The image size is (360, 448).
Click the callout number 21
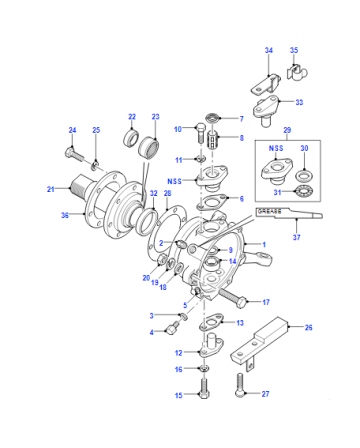(x=50, y=189)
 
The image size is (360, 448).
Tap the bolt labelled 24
(x=73, y=155)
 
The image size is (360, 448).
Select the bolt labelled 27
(x=240, y=385)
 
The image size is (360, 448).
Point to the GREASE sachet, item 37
(x=289, y=213)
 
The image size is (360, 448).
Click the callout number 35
(x=294, y=50)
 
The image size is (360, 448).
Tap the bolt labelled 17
(x=233, y=297)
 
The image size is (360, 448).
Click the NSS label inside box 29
(x=276, y=148)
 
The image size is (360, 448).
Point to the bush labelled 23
(x=149, y=146)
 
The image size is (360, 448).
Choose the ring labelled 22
(x=130, y=138)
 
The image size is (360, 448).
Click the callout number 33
(x=299, y=102)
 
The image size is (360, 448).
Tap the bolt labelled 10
(x=201, y=133)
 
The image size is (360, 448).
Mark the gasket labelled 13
(x=212, y=322)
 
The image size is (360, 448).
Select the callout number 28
(x=167, y=193)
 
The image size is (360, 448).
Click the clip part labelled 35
(x=297, y=72)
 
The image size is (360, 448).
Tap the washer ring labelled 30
(x=304, y=175)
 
